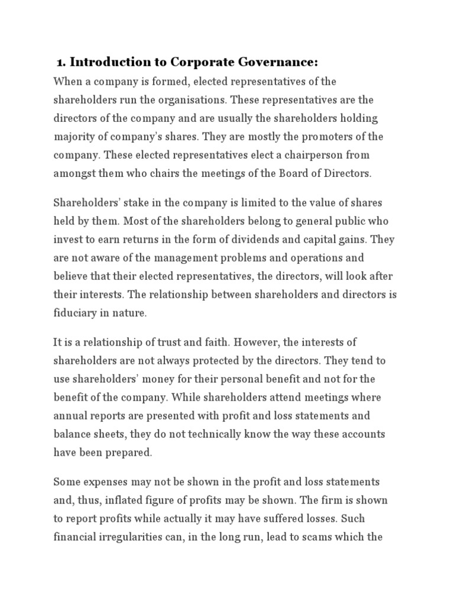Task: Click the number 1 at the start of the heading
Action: pos(60,63)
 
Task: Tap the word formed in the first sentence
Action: pos(167,81)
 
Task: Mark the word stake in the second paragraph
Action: pos(138,202)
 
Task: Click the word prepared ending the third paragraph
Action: pos(128,453)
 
